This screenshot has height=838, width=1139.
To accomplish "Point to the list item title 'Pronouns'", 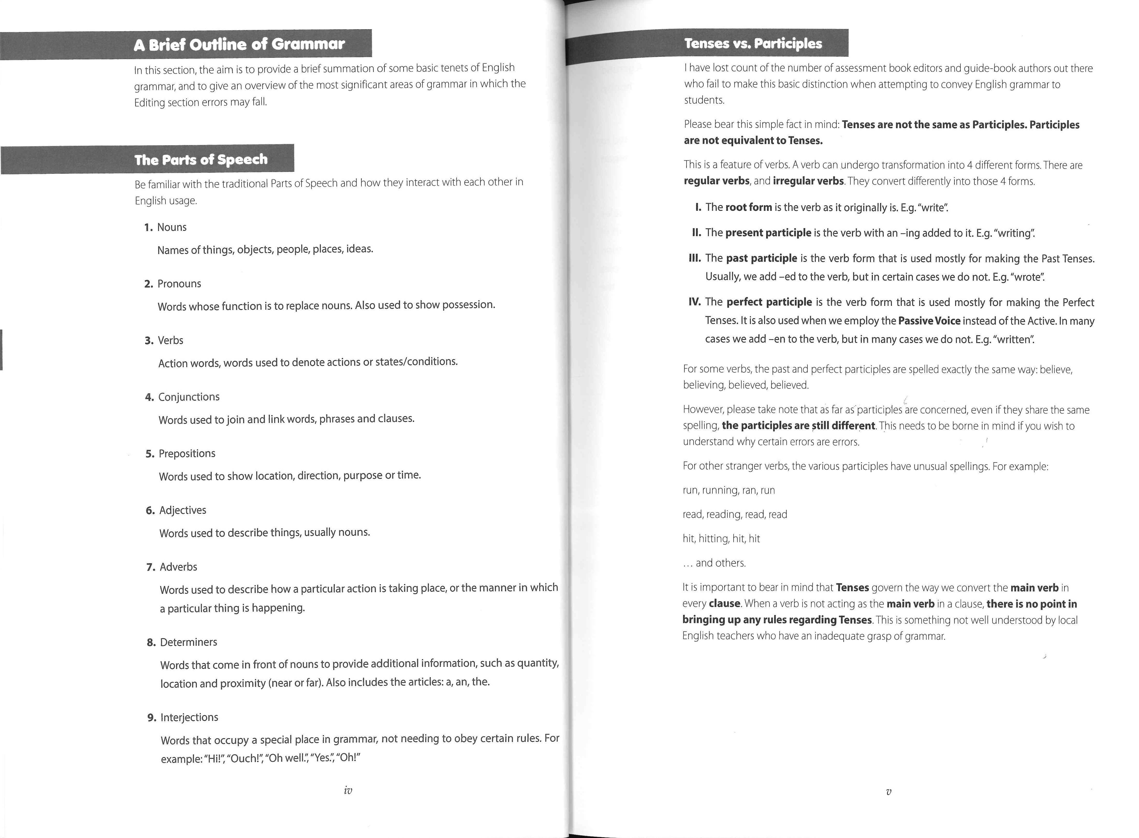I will tap(179, 284).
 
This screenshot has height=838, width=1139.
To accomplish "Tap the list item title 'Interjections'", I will tap(189, 717).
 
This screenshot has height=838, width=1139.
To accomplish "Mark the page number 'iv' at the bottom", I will tap(348, 790).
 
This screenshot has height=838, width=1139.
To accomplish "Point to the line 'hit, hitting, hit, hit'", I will tap(721, 539).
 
